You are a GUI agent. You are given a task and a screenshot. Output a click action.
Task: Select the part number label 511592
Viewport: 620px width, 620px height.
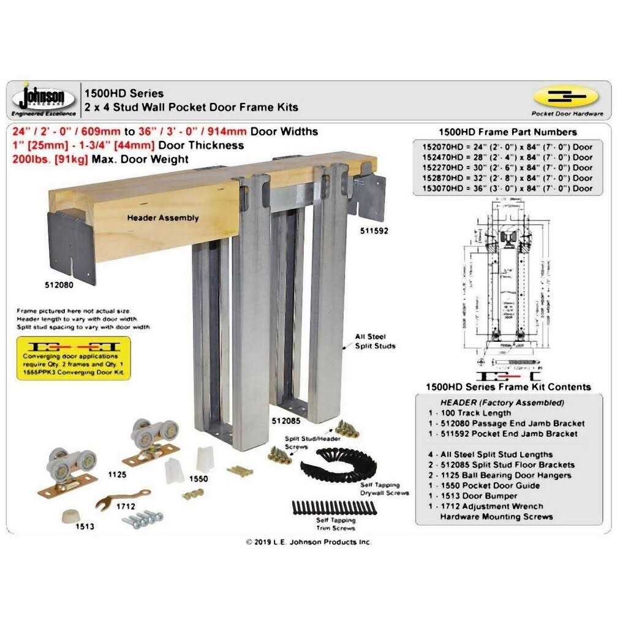tap(374, 231)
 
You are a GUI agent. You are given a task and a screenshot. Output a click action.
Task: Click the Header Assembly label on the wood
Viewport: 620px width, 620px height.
tap(162, 217)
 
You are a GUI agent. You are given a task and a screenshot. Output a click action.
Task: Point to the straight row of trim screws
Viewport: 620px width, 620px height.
tap(334, 508)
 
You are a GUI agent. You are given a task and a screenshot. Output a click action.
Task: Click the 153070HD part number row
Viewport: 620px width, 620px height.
tap(507, 188)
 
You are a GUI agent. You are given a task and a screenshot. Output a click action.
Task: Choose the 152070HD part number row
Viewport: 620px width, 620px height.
tap(507, 146)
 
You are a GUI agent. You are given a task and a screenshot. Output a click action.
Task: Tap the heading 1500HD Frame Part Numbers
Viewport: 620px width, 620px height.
tap(508, 132)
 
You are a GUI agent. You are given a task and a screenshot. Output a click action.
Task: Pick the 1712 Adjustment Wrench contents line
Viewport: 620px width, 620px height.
tap(490, 506)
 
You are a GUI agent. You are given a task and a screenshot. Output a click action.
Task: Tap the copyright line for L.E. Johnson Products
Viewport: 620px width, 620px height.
tap(309, 542)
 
